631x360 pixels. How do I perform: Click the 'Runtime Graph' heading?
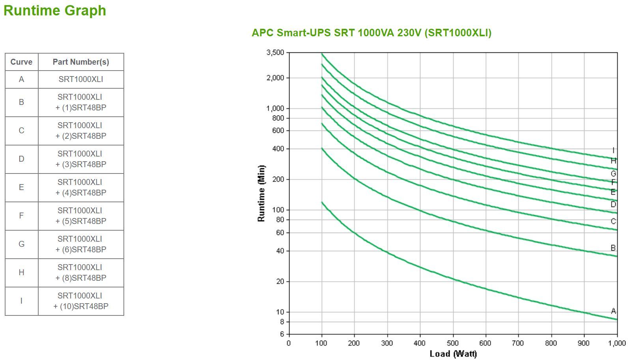click(x=55, y=10)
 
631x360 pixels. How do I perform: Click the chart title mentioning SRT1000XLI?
click(x=372, y=33)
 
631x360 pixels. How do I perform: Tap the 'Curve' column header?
click(x=21, y=62)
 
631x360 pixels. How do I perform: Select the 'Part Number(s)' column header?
click(x=81, y=62)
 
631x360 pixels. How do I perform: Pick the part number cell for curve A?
click(x=81, y=79)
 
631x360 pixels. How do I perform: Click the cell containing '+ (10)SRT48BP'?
click(x=81, y=301)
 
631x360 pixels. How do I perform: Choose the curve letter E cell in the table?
click(x=21, y=187)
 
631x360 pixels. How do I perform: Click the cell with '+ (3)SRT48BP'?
click(x=81, y=159)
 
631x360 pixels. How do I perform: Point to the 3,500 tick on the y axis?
click(x=275, y=52)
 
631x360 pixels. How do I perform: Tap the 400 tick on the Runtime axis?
click(x=278, y=149)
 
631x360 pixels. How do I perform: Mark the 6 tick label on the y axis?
click(x=282, y=334)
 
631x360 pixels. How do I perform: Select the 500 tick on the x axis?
click(x=453, y=343)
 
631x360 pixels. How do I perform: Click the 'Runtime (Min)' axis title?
click(x=261, y=193)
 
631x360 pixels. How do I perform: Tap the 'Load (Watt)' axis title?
click(x=453, y=353)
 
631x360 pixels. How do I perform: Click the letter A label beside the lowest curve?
click(x=613, y=311)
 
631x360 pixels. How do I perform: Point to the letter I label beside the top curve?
click(x=613, y=150)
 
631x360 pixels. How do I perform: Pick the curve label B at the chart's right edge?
click(x=613, y=248)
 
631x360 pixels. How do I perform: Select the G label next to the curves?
click(x=613, y=174)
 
